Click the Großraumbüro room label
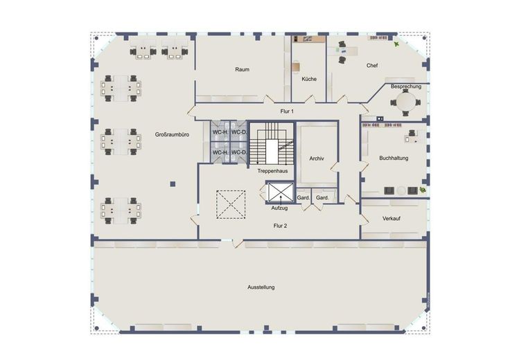click(x=172, y=134)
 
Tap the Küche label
click(x=308, y=79)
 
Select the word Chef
click(x=372, y=65)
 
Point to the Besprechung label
click(x=406, y=87)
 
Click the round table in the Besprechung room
click(x=405, y=102)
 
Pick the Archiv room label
click(x=317, y=159)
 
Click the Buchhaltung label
click(x=394, y=159)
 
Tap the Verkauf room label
click(x=392, y=219)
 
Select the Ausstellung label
click(x=261, y=287)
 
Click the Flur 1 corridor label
click(x=287, y=111)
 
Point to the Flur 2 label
click(x=280, y=226)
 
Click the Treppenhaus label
click(x=272, y=171)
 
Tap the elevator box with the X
click(x=281, y=192)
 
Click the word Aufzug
click(x=279, y=208)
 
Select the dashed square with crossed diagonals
click(x=231, y=204)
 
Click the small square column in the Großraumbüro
click(x=173, y=184)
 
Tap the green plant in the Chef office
click(x=396, y=44)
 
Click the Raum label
click(x=243, y=69)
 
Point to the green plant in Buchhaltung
click(x=423, y=190)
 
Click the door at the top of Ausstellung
click(x=238, y=243)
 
